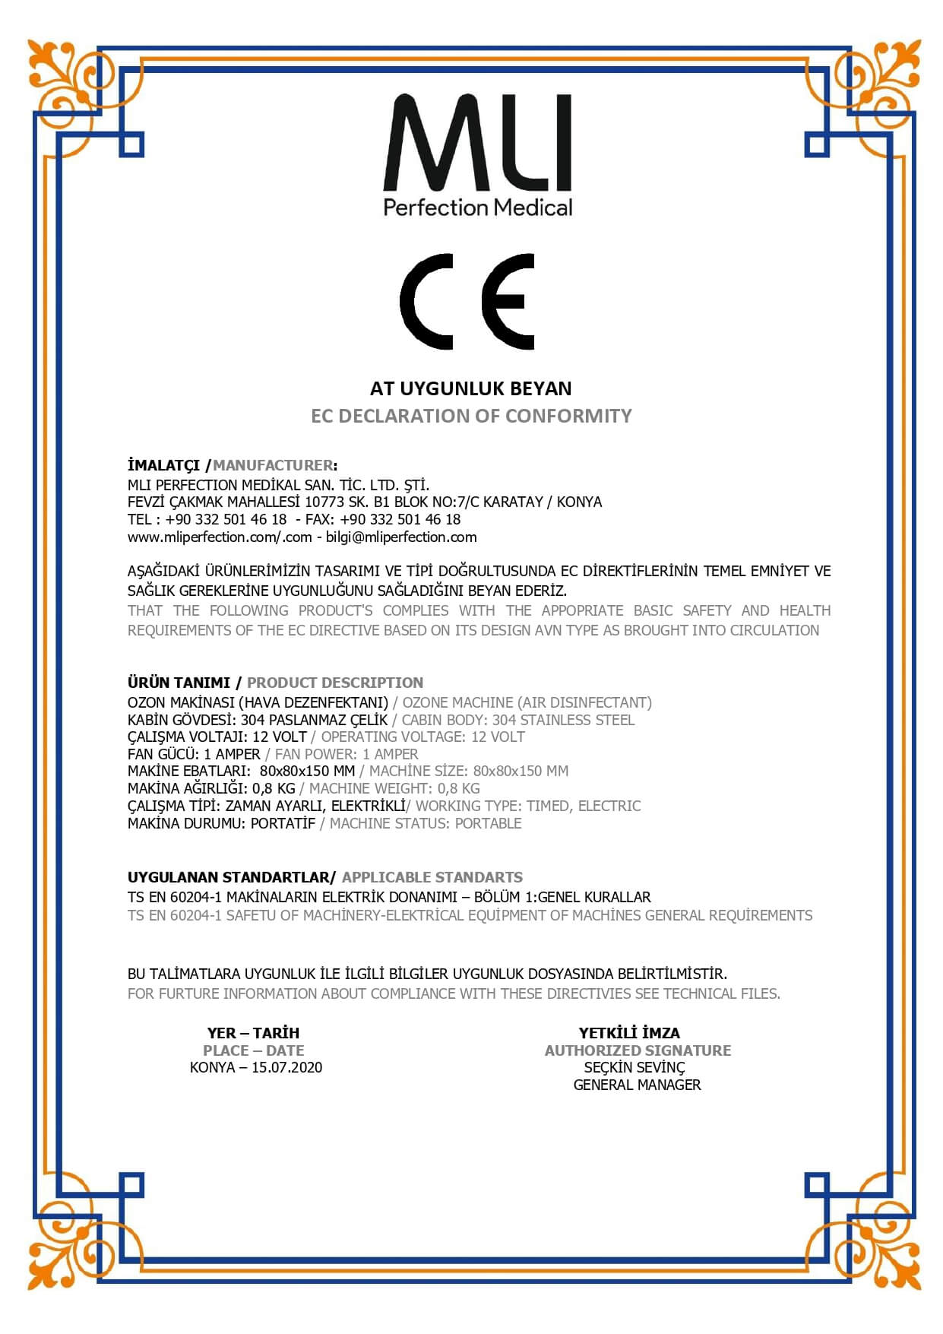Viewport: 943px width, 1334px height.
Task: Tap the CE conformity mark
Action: (467, 301)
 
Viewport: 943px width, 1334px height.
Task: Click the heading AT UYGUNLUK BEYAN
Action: (470, 388)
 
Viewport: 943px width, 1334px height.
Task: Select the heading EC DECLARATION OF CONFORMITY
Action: (471, 416)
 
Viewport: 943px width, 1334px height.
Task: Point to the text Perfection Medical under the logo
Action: (477, 208)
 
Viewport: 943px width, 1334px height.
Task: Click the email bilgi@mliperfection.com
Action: (401, 537)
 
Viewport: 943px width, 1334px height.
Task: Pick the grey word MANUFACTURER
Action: (273, 465)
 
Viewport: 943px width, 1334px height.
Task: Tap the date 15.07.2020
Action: (286, 1068)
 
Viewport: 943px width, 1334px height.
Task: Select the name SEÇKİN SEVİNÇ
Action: (634, 1068)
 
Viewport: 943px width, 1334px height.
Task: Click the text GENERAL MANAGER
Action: (637, 1085)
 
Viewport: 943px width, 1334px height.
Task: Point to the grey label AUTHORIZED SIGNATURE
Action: (638, 1050)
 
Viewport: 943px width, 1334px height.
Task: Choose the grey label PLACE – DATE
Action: (253, 1050)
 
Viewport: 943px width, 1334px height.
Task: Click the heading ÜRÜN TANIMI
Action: (179, 683)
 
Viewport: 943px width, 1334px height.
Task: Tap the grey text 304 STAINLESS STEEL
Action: (563, 720)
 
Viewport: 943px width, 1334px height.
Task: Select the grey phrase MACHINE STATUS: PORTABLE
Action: (426, 823)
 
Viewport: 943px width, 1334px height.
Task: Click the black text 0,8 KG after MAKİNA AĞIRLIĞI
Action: (274, 789)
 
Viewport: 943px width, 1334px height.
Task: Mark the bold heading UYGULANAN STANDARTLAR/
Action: (231, 877)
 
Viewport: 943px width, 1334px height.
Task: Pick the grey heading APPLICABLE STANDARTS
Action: (432, 877)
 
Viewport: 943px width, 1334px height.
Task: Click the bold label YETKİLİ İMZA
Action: (629, 1033)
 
